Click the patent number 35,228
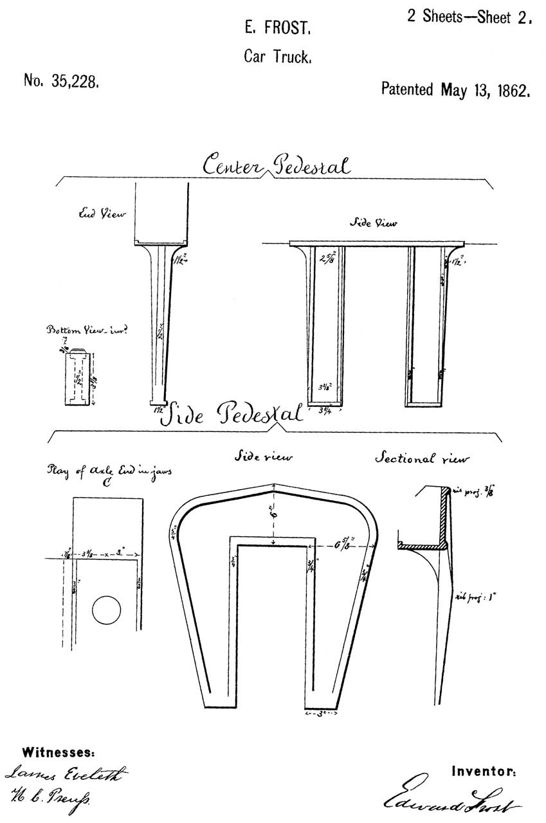tap(61, 81)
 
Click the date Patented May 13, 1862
tap(455, 89)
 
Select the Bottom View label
tap(86, 330)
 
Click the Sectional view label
tap(422, 458)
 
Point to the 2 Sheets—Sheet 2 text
tap(470, 17)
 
